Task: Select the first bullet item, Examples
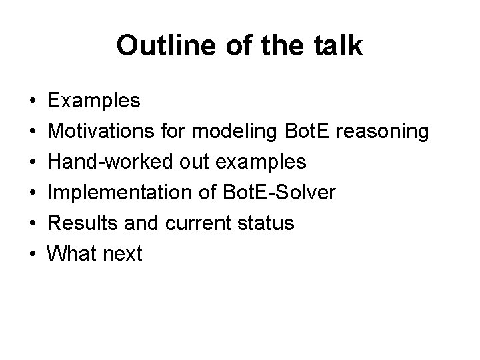[94, 101]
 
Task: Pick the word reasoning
[383, 131]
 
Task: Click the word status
[266, 223]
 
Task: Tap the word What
[71, 253]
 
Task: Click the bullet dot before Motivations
[33, 132]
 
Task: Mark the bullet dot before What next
[33, 254]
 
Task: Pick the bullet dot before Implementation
[33, 193]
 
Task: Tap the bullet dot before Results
[33, 223]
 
